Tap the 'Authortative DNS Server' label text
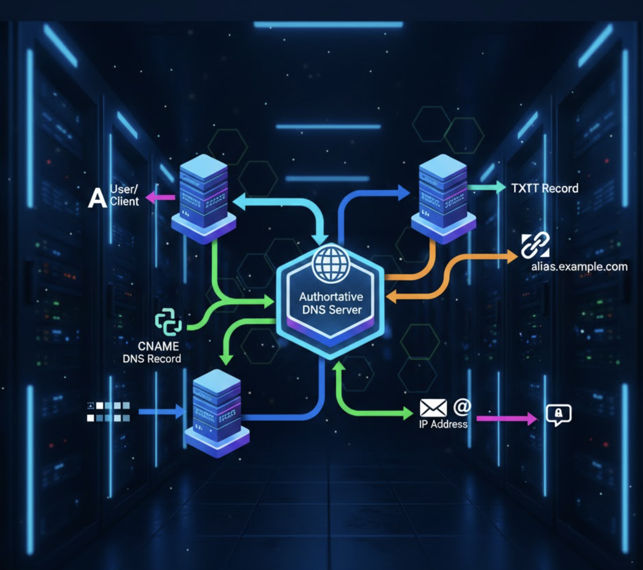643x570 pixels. (x=331, y=303)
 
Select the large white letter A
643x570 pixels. (x=97, y=198)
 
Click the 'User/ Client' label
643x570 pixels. (x=124, y=195)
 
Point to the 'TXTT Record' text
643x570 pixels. (x=545, y=189)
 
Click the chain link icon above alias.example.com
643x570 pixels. (x=535, y=245)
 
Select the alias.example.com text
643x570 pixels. (x=579, y=267)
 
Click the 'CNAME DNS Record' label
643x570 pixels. (x=152, y=353)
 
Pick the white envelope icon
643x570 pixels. (x=433, y=408)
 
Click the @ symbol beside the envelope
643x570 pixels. (x=462, y=406)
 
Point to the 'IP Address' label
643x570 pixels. (x=443, y=424)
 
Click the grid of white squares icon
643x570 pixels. (x=108, y=412)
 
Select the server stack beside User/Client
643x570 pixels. (x=203, y=197)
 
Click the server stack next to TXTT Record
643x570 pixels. (x=443, y=197)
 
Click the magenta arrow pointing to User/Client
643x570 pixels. (x=160, y=197)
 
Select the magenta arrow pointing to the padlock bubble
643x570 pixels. (x=507, y=418)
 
